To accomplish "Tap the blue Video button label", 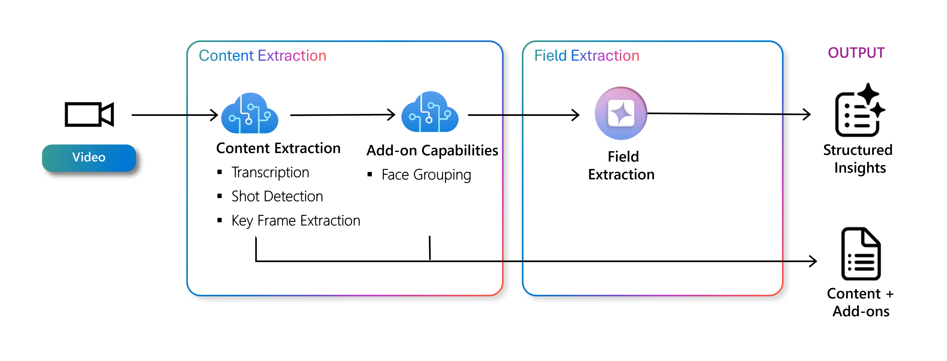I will click(x=89, y=158).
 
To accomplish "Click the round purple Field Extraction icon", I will click(x=621, y=113).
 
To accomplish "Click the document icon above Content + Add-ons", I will click(x=861, y=254).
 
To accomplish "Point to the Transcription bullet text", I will click(x=270, y=172).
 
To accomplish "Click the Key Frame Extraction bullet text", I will click(x=296, y=221).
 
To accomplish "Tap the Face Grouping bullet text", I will click(x=426, y=175).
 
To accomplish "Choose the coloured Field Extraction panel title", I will click(x=587, y=56).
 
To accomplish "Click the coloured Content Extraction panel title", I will click(x=262, y=56).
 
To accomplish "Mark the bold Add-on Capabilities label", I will click(x=432, y=150).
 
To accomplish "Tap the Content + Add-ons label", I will click(x=860, y=302).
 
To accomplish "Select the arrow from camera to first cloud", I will click(x=175, y=115).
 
